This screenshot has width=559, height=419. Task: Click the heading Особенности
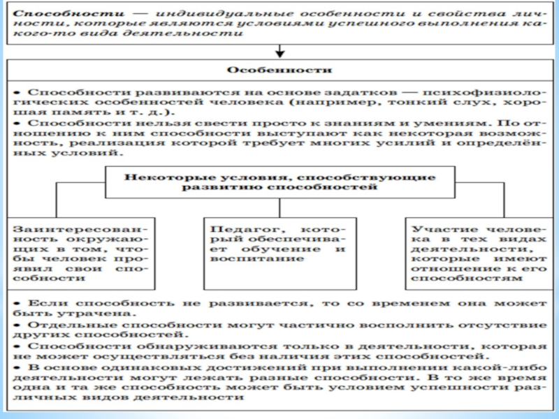pyautogui.click(x=279, y=71)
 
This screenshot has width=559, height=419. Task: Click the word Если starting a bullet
pyautogui.click(x=41, y=304)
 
